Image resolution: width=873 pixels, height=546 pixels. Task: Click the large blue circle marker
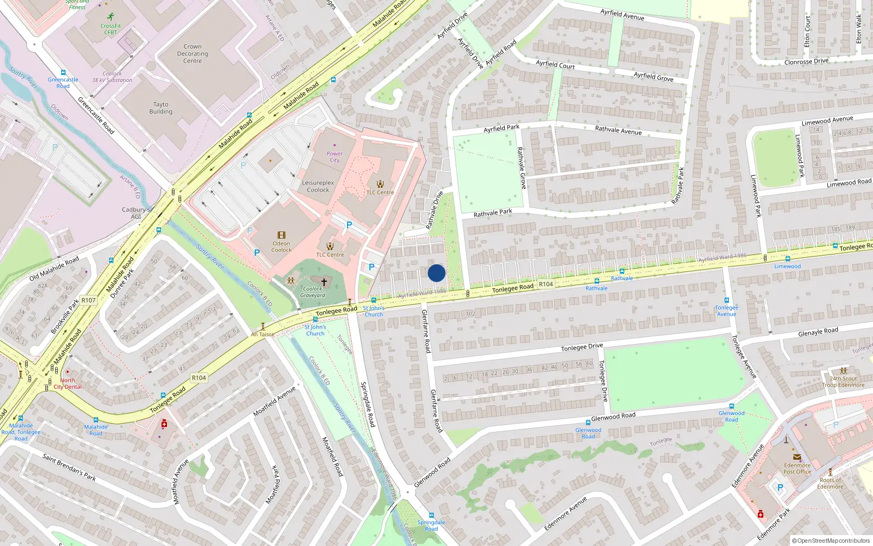(x=436, y=273)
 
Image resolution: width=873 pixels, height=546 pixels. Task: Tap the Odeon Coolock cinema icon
(x=282, y=235)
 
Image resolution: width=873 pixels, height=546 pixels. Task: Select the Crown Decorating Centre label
(x=193, y=54)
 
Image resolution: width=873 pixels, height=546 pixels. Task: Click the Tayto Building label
(x=161, y=108)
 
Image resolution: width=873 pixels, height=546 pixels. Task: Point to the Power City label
(x=334, y=157)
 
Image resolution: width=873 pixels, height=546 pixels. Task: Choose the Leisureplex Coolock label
(x=318, y=186)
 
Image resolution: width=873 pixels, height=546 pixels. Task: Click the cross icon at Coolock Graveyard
(x=324, y=282)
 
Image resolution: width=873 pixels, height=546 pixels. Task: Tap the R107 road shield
(x=88, y=300)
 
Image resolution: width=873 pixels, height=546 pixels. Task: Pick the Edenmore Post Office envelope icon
(x=797, y=457)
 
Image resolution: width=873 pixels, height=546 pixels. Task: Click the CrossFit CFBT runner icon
(x=111, y=16)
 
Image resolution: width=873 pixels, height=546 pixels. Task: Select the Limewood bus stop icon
(x=787, y=259)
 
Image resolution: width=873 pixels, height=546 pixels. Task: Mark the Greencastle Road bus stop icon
(x=63, y=73)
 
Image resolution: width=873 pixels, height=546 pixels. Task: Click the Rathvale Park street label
(x=493, y=212)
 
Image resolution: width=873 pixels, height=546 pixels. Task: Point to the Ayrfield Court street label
(x=555, y=64)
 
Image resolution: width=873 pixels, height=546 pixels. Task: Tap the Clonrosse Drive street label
(x=806, y=62)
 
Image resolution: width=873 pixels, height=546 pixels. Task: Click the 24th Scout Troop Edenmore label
(x=843, y=382)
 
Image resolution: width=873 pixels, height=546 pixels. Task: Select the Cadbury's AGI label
(x=136, y=213)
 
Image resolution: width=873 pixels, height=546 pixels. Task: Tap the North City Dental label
(x=68, y=383)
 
